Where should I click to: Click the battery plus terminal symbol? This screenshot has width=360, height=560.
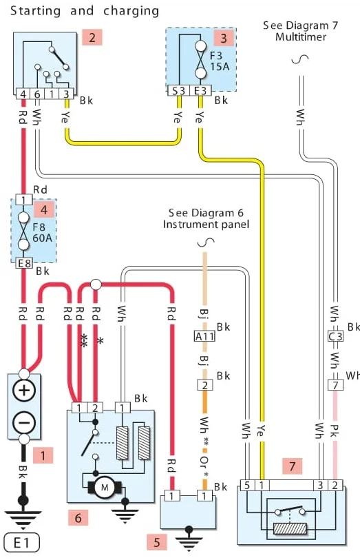(x=24, y=390)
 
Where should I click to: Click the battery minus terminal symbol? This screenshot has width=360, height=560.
(x=24, y=422)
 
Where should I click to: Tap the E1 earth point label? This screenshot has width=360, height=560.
(x=21, y=543)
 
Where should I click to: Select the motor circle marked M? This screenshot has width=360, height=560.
(x=105, y=487)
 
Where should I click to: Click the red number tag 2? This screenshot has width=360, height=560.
(x=92, y=37)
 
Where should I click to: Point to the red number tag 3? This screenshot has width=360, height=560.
(x=224, y=38)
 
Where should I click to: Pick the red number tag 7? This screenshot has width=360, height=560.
(x=293, y=466)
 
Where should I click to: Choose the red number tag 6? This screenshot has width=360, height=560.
(x=78, y=517)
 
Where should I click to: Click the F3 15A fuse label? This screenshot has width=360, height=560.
(x=220, y=61)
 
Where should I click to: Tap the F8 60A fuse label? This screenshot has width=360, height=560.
(x=42, y=232)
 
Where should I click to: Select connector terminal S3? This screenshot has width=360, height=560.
(x=178, y=91)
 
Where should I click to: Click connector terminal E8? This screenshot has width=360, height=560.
(x=24, y=263)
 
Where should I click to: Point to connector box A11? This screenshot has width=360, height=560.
(x=205, y=336)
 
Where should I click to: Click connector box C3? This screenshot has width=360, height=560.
(x=335, y=336)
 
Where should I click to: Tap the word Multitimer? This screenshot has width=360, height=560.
(x=301, y=37)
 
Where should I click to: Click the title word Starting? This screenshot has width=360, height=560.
(x=35, y=11)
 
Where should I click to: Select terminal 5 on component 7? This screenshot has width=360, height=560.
(x=247, y=486)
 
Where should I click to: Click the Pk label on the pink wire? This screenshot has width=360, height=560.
(x=335, y=431)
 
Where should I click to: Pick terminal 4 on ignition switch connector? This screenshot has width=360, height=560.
(x=23, y=94)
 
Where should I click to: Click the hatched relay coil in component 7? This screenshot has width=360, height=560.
(x=290, y=529)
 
